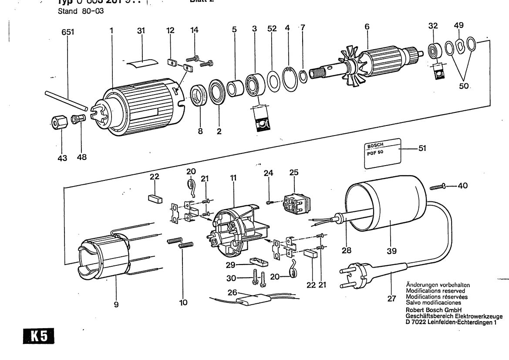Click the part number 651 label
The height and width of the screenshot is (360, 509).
point(67,31)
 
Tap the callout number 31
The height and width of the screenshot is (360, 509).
point(141,31)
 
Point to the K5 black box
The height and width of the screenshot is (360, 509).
point(40,336)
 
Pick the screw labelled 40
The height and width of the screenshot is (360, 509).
point(438,187)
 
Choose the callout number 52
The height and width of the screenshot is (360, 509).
point(272,29)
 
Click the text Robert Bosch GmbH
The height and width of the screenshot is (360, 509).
point(429,310)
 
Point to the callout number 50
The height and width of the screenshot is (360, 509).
point(464,86)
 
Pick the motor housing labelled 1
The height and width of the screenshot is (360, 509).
point(139,107)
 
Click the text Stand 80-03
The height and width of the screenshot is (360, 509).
point(81,11)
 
